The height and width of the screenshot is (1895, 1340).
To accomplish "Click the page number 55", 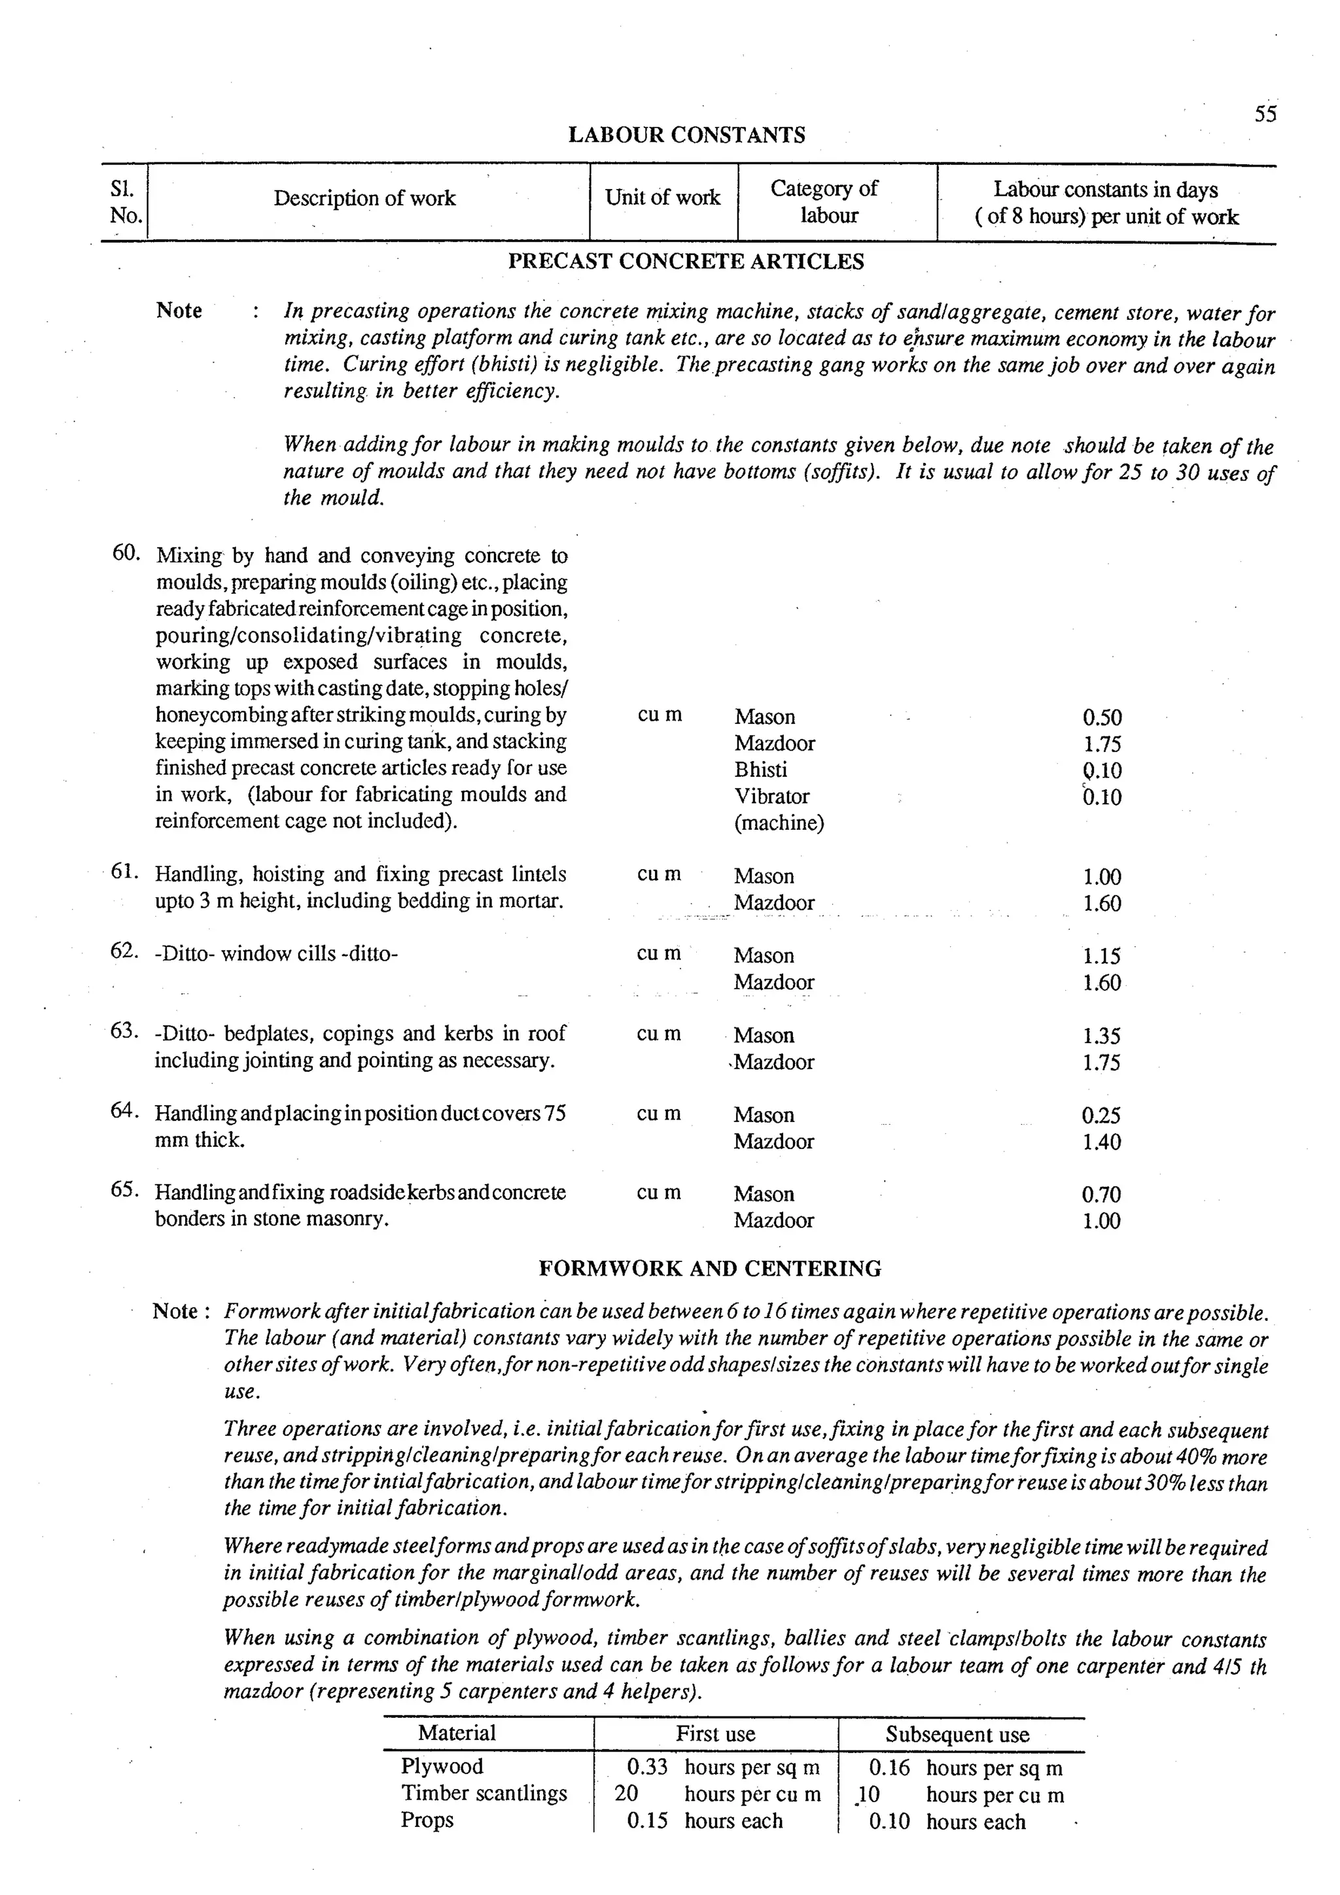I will coord(1265,114).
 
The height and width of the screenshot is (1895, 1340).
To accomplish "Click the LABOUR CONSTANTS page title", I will coord(686,135).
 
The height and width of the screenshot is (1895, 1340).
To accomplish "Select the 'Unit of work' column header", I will coord(662,198).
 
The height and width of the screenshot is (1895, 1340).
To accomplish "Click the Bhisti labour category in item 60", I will coord(760,770).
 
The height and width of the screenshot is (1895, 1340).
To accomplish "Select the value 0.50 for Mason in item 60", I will coord(1101,717).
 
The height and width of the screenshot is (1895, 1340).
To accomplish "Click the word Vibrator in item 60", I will coord(771,796).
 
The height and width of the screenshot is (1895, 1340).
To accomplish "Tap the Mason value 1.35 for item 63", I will coord(1101,1036).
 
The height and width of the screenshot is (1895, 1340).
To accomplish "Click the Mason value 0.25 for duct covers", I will coord(1101,1116).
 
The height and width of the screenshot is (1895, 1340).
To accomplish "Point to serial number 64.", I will coord(125,1111).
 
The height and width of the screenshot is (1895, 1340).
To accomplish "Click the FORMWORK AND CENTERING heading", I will coord(709,1269).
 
